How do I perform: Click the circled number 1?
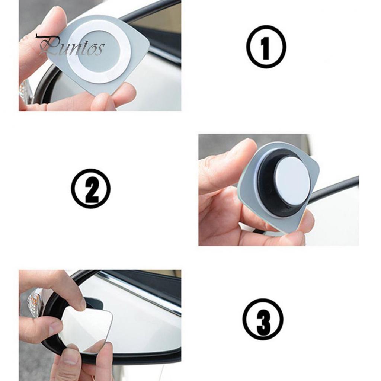[x=266, y=47]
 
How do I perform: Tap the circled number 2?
[x=90, y=188]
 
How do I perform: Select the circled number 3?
[x=263, y=319]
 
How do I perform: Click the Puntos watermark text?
[x=71, y=47]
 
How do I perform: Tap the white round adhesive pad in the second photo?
[x=292, y=181]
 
